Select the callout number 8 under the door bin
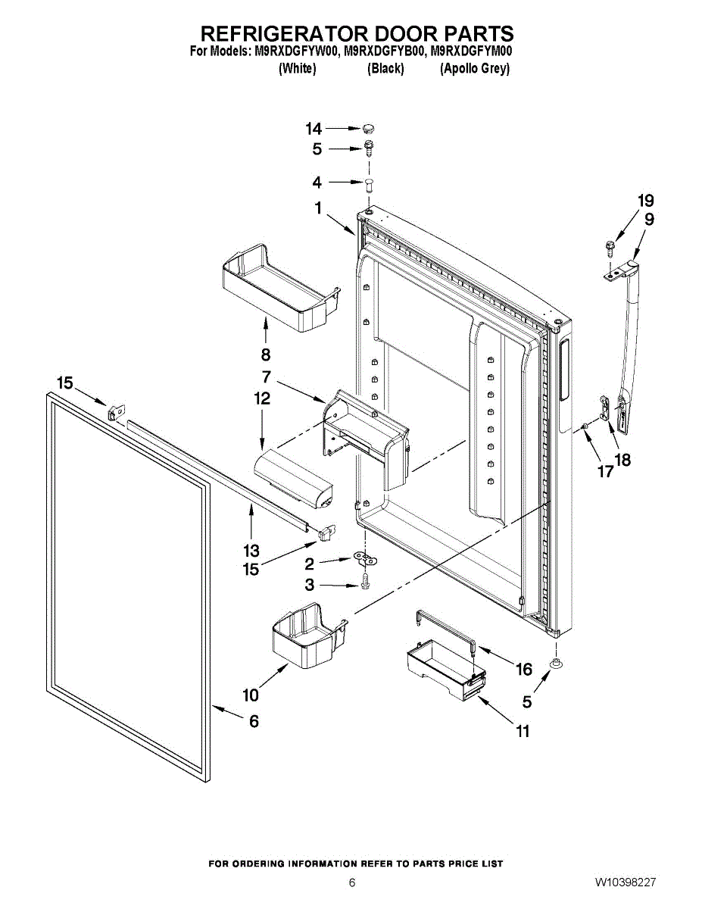(266, 355)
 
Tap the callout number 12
(262, 398)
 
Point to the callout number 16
(524, 669)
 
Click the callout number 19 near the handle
(645, 201)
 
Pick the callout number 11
(523, 731)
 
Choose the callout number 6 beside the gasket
(254, 721)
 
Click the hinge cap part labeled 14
(369, 128)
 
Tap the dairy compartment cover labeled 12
(296, 477)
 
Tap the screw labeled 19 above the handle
(609, 246)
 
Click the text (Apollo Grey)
(475, 68)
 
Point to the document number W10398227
(625, 882)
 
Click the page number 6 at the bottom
(352, 882)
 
